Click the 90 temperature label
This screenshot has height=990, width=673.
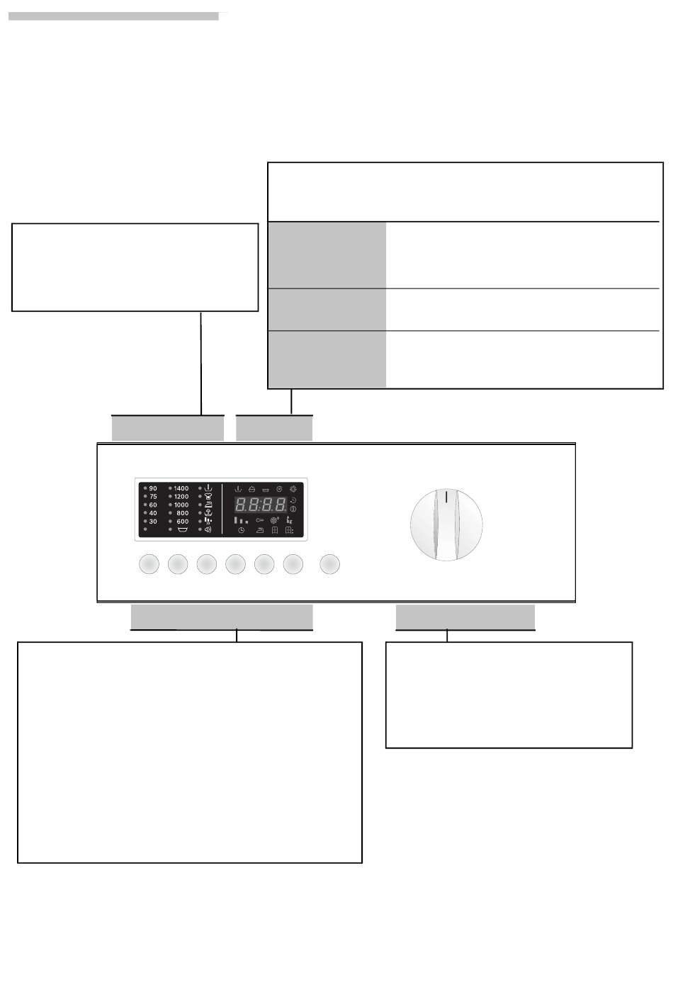(153, 488)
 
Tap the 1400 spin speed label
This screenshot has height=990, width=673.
(181, 488)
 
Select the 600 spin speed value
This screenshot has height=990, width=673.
(183, 522)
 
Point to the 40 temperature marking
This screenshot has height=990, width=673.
(153, 513)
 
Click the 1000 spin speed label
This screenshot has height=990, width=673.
(181, 505)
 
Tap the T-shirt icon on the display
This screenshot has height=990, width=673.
(208, 496)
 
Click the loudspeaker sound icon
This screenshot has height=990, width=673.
(208, 529)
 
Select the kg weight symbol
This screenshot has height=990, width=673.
(290, 519)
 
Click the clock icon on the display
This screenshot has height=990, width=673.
(242, 530)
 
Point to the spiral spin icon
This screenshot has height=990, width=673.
(279, 489)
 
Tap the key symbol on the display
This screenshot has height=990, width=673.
(260, 520)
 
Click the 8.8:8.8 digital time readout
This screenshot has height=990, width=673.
(260, 505)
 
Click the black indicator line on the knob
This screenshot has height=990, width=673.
(446, 497)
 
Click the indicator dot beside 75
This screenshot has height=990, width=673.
(145, 496)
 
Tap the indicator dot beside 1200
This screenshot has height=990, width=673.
(170, 496)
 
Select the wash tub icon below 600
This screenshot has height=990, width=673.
(183, 529)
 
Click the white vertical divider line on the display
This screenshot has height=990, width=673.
(222, 509)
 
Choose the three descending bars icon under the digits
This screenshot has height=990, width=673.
(242, 520)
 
